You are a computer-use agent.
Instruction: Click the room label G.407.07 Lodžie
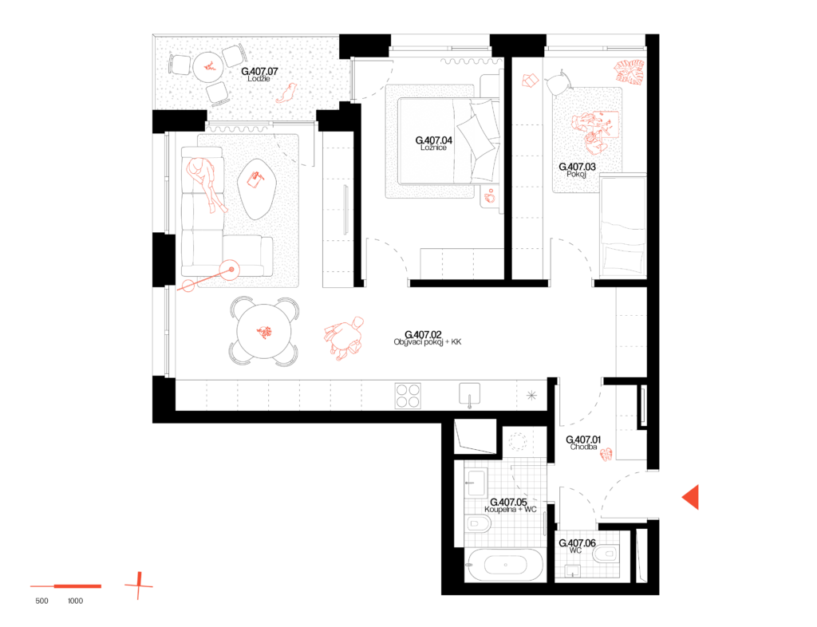259,74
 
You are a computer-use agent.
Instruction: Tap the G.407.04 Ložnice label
433,144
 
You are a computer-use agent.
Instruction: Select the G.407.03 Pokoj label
577,170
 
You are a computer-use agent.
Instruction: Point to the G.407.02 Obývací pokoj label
428,338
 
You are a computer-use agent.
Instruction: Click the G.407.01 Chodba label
583,443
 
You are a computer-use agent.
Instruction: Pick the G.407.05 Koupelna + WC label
510,505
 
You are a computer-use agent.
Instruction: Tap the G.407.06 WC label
577,546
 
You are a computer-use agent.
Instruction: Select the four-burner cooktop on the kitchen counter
408,396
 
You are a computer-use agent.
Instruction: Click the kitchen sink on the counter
469,394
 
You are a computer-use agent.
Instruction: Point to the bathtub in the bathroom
505,565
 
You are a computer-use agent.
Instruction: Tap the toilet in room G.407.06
606,554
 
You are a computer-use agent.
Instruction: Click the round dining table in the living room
264,332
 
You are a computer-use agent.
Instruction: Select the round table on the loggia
208,67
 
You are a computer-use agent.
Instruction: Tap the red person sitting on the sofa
207,183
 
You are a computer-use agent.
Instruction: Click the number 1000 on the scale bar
76,601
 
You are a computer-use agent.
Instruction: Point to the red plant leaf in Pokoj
630,71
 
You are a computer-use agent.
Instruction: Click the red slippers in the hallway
606,455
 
